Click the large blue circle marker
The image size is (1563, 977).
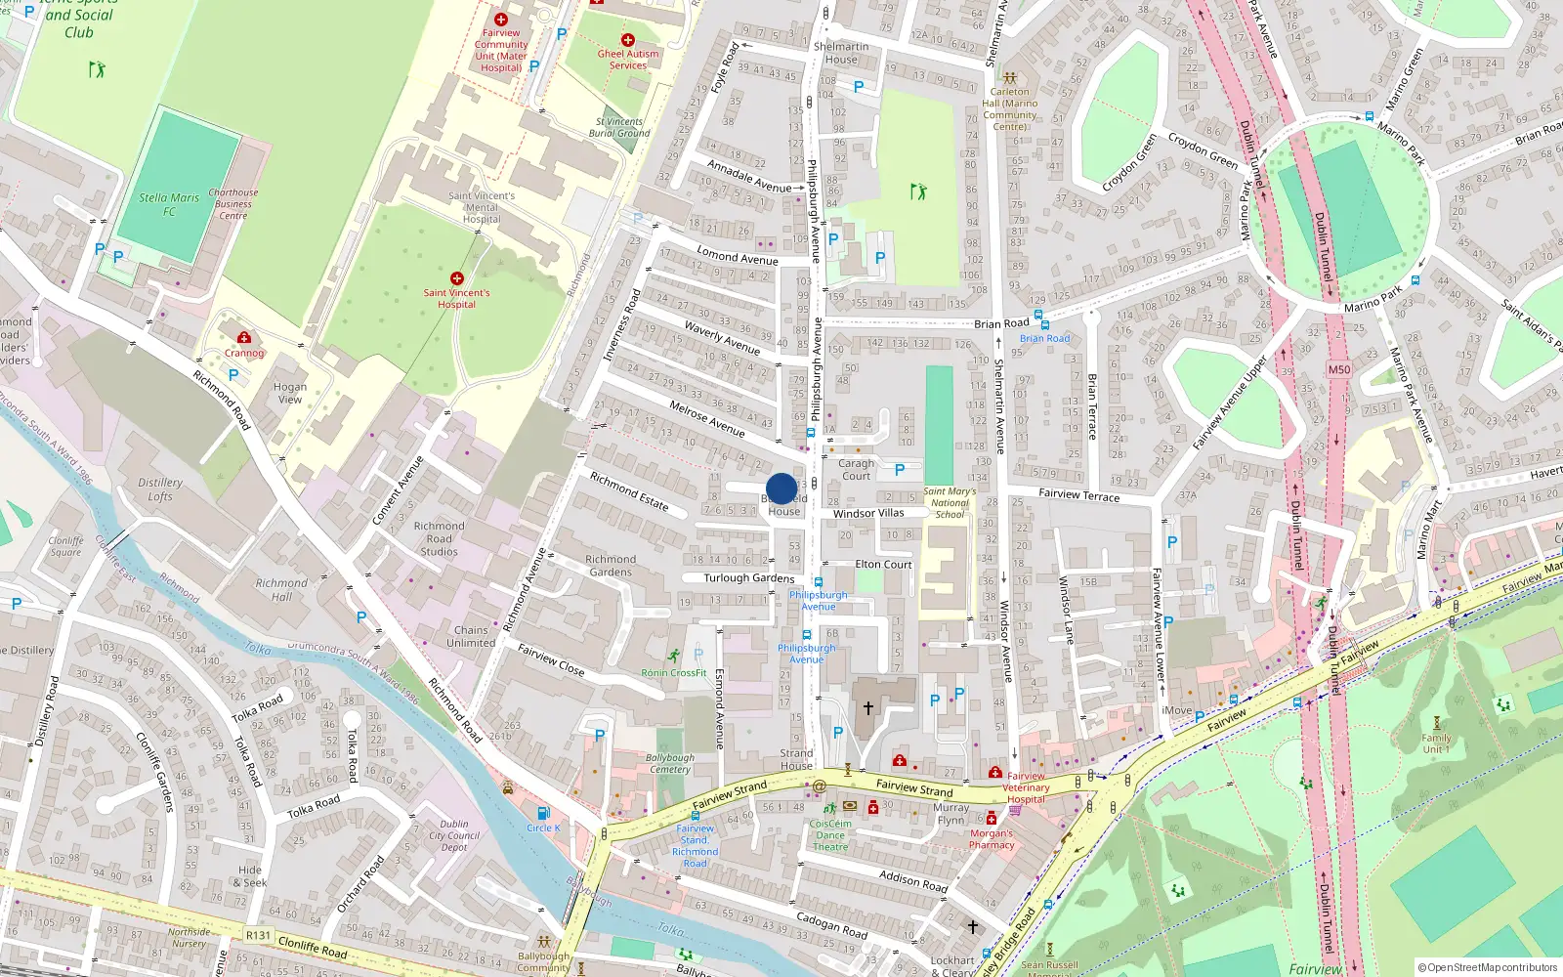tap(781, 488)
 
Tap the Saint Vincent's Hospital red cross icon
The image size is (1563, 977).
tap(456, 278)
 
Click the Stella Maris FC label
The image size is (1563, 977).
tap(169, 204)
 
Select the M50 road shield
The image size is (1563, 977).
tap(1338, 369)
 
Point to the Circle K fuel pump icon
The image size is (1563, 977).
tap(543, 813)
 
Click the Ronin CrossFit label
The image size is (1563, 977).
tap(674, 672)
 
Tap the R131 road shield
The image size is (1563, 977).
tap(258, 935)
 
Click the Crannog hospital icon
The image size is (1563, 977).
tap(244, 338)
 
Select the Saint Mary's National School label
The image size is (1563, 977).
tap(950, 503)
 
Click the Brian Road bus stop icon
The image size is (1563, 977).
tap(1043, 324)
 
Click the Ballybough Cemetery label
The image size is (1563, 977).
tap(670, 763)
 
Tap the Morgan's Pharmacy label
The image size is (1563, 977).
tap(992, 839)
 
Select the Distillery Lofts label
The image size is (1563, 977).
tap(160, 489)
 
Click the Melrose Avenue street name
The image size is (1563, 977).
tap(707, 419)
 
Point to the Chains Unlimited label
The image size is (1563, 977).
tap(471, 636)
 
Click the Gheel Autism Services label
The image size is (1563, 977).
tap(628, 60)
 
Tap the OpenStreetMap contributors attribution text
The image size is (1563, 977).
tap(1488, 967)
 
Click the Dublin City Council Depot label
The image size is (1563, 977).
tap(454, 835)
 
